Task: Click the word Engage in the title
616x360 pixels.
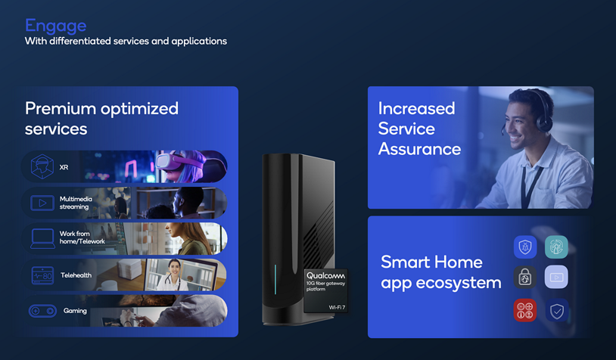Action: [55, 26]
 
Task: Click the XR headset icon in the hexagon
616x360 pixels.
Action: [42, 167]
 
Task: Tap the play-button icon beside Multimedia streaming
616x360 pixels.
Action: [42, 203]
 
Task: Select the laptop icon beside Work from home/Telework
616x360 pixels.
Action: [42, 238]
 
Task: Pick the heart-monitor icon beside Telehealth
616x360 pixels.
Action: [42, 275]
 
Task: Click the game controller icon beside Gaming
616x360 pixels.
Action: [42, 311]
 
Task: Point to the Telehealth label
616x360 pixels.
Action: [76, 275]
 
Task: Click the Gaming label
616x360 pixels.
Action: [75, 311]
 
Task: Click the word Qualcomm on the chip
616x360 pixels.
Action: [325, 276]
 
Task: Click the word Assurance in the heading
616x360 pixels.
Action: [419, 148]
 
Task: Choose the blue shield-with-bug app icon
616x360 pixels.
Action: [525, 247]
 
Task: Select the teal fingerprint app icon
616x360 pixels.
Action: [556, 247]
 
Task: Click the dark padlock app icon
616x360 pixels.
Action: [525, 278]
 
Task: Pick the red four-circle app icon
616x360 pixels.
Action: [525, 310]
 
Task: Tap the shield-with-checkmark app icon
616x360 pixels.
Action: [556, 310]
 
